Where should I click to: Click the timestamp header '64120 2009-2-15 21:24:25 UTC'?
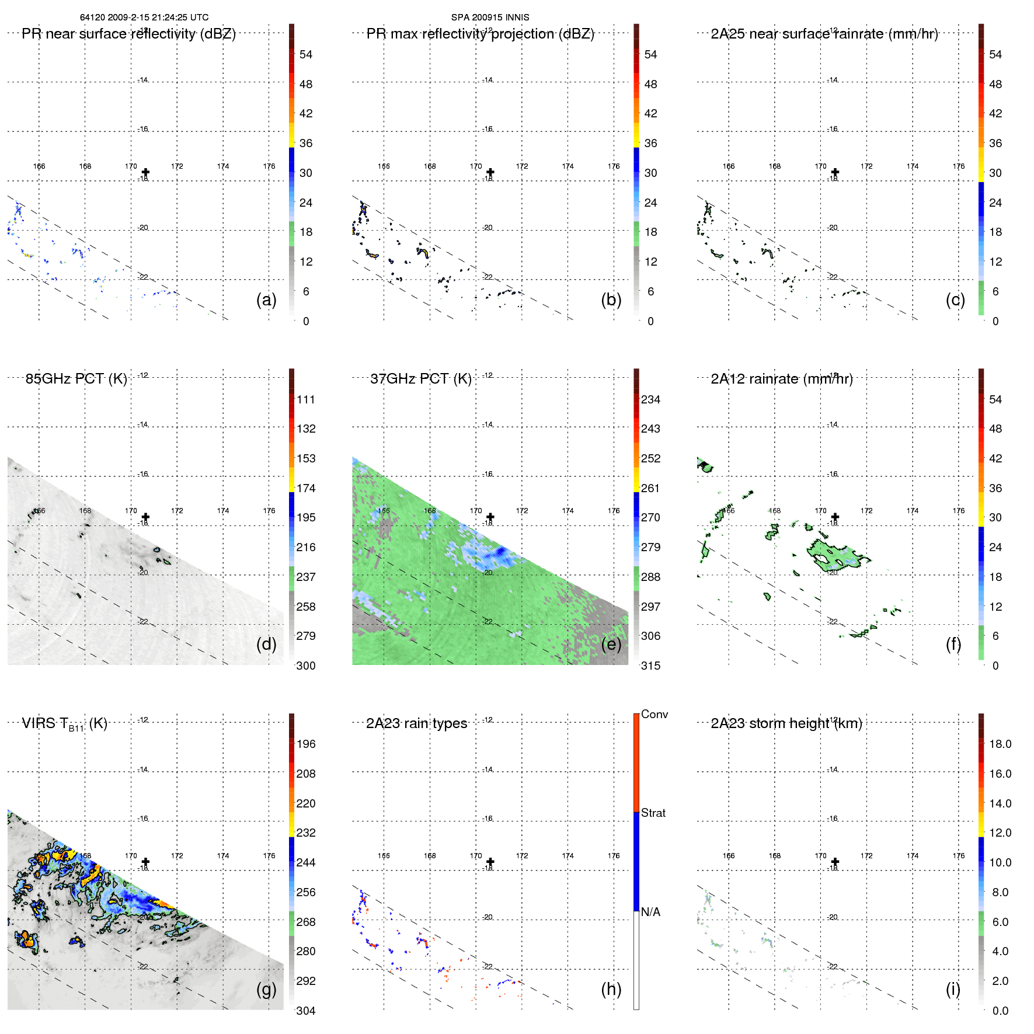coord(144,18)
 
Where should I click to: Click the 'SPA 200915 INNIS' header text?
coord(490,18)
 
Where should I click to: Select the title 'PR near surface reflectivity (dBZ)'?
coord(128,34)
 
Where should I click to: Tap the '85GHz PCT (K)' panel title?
coord(76,379)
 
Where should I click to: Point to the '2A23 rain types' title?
coord(416,723)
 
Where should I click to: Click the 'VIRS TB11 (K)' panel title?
coord(64,724)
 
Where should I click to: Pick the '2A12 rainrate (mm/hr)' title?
coord(781,379)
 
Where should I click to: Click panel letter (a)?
coord(266,300)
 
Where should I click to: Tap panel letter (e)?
coord(611,644)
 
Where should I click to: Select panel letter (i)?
coord(953,989)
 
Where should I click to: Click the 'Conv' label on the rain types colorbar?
coord(654,714)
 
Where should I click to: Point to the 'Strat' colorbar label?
coord(653,813)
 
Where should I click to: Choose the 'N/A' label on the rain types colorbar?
coord(650,912)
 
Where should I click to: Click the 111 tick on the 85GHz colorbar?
coord(305,399)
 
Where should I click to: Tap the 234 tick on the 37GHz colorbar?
coord(650,399)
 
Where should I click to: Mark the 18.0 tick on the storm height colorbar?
coord(1000,744)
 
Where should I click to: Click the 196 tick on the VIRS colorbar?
coord(305,744)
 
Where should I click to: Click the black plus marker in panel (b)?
coord(490,172)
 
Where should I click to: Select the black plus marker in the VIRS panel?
coord(145,862)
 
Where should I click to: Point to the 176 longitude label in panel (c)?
coord(958,166)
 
